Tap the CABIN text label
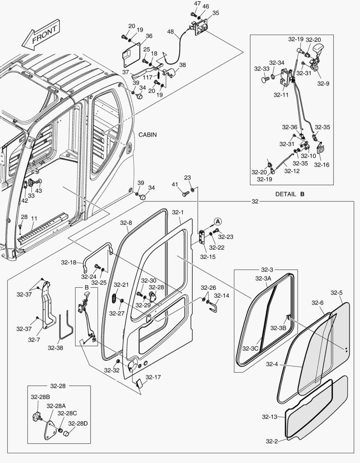(x=147, y=135)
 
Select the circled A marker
(x=218, y=221)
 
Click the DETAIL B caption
(x=290, y=194)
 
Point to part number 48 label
(x=170, y=32)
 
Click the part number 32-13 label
(x=269, y=417)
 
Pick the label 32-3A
(x=263, y=278)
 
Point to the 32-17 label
(x=153, y=377)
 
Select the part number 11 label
(x=34, y=218)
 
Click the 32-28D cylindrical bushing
(x=67, y=433)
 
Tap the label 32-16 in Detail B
(x=321, y=164)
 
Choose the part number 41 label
(x=175, y=184)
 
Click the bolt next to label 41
(x=185, y=194)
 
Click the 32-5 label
(x=336, y=293)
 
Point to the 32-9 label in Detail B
(x=324, y=84)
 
